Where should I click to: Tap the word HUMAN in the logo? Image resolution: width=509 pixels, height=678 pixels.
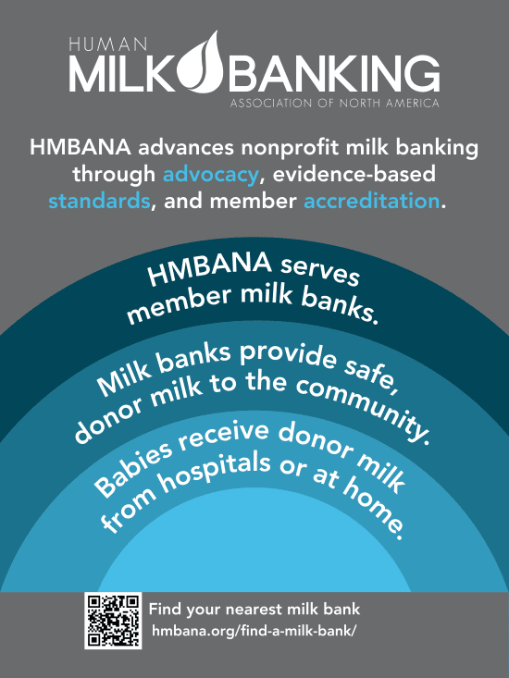[108, 44]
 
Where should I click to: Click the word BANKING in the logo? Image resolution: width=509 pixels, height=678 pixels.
[336, 73]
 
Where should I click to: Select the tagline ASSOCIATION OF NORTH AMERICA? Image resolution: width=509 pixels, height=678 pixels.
[335, 104]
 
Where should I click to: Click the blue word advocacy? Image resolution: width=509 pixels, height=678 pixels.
[211, 174]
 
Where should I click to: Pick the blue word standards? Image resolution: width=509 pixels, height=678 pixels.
[99, 202]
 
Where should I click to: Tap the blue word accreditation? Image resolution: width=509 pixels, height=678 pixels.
[371, 202]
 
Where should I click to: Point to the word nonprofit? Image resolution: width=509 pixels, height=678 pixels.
[290, 148]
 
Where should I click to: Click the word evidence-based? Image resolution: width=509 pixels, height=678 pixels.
[354, 174]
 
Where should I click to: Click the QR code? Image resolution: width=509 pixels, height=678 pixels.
[113, 621]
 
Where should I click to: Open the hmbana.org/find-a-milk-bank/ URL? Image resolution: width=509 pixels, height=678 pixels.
[254, 631]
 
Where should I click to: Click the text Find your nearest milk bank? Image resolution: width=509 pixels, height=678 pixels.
[254, 610]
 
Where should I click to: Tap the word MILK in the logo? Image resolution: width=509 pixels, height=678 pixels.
[123, 73]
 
